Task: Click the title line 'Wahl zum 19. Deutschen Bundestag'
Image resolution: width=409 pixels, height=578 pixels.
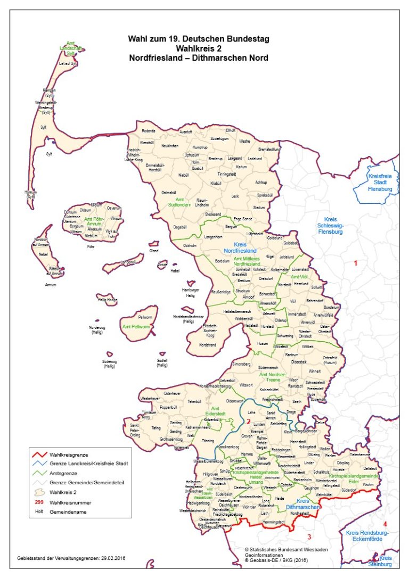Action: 198,39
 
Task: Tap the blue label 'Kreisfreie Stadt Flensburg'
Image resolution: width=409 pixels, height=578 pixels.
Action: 380,182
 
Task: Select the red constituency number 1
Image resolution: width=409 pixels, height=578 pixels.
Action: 356,263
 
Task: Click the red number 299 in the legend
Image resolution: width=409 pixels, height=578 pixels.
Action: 39,502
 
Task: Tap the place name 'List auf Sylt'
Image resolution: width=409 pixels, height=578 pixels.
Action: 68,63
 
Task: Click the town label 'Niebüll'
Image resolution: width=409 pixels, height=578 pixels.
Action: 184,175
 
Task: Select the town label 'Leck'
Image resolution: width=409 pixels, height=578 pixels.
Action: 235,196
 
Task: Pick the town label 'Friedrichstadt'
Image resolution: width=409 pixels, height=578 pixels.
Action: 272,399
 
